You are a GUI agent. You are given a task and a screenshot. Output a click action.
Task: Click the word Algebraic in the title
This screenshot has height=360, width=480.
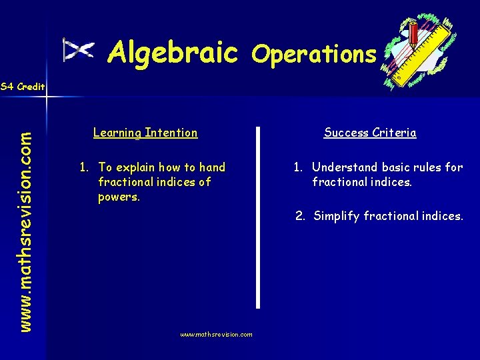173,51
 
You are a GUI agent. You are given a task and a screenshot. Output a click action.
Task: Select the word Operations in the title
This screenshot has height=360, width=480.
314,54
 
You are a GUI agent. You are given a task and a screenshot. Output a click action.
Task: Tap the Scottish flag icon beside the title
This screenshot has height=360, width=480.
79,50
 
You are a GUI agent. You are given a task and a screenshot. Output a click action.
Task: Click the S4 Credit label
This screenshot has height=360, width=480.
23,87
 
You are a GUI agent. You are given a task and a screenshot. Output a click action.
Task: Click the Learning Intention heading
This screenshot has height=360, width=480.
145,133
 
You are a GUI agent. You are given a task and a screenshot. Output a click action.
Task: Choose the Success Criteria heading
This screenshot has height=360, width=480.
370,133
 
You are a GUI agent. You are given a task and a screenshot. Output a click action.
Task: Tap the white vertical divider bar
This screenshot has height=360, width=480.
258,217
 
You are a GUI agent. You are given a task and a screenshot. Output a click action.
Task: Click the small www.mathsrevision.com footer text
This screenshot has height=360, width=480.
216,335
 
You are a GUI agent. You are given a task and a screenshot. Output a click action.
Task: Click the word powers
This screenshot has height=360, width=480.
119,197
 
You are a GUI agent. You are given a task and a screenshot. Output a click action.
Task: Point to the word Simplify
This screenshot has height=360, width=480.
337,216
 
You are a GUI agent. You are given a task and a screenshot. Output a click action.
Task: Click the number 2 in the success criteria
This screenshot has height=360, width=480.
300,216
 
